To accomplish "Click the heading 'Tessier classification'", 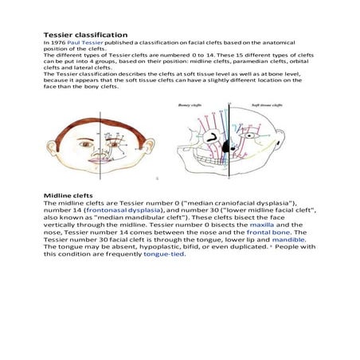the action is pyautogui.click(x=85, y=35).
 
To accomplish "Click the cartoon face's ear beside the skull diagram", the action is pyautogui.click(x=148, y=146).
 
